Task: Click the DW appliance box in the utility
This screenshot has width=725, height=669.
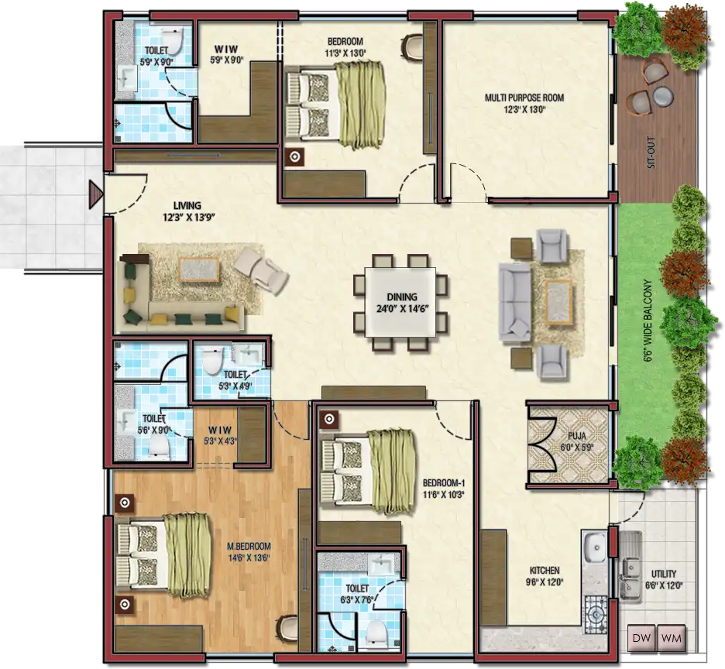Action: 641,639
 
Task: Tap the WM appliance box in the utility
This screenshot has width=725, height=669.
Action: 671,639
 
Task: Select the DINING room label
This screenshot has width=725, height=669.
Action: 402,297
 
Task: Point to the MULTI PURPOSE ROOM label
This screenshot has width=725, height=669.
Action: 524,98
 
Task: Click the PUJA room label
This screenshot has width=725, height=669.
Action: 577,435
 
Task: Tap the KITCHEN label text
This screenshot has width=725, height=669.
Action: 545,571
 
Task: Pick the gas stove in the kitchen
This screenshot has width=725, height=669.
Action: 595,613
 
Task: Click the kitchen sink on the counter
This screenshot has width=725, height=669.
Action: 595,547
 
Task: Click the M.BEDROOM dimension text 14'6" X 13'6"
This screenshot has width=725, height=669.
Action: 249,557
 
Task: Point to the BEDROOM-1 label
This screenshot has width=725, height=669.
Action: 444,483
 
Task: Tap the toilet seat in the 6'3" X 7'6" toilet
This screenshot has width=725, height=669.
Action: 378,632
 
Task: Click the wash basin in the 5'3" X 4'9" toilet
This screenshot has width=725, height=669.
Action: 247,354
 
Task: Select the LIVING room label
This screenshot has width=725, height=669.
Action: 187,205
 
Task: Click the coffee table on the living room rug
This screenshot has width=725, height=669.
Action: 199,269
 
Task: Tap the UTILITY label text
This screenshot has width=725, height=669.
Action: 664,574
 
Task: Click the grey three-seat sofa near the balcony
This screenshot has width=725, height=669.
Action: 515,303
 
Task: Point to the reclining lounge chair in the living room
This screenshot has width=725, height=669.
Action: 262,271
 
